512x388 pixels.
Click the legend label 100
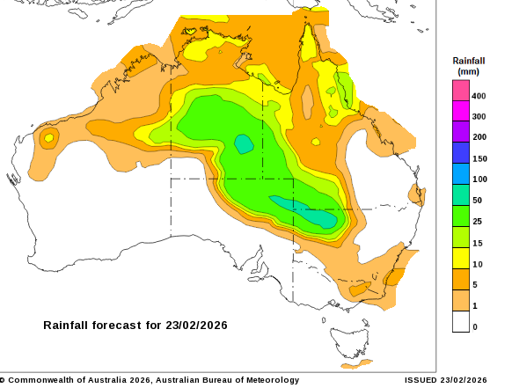pos(479,179)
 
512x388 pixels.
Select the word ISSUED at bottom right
pos(421,380)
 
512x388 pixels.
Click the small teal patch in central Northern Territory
pos(244,143)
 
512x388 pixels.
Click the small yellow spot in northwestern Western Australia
pos(49,137)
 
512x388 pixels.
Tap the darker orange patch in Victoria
pos(357,289)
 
